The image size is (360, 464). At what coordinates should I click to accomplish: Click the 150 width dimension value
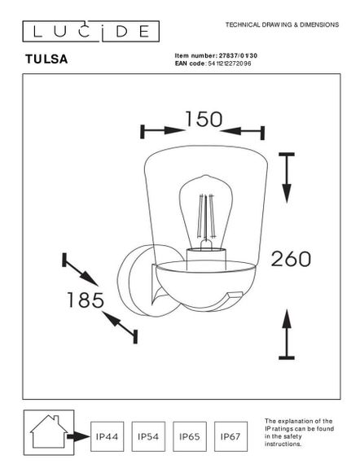click(x=203, y=119)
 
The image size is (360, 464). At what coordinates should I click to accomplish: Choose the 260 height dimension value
click(x=292, y=259)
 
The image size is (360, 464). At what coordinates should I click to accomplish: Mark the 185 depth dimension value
click(x=86, y=300)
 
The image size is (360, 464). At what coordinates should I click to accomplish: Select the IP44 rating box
click(x=107, y=436)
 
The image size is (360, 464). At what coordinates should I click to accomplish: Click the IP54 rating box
click(x=147, y=436)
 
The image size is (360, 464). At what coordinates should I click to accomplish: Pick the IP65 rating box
click(x=189, y=436)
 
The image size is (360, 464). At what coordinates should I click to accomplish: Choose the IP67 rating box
click(x=230, y=436)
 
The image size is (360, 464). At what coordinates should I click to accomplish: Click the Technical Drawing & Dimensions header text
click(x=281, y=25)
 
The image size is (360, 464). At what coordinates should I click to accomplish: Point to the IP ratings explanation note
click(x=299, y=433)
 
